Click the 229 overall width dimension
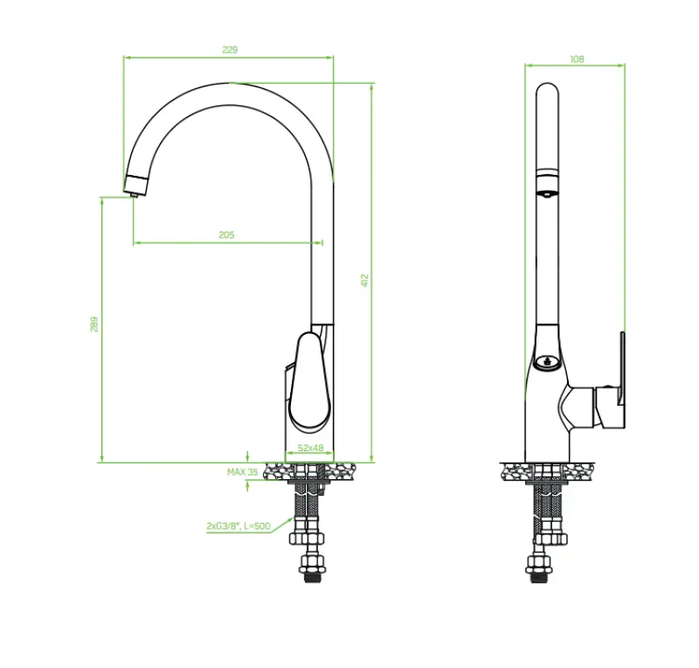pos(230,50)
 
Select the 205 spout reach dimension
pos(226,235)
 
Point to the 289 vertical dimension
pos(94,324)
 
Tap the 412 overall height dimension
pos(365,280)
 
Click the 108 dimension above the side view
pos(577,59)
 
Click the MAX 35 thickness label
pos(242,472)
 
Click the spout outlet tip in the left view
pos(134,186)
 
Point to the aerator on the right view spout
pos(546,186)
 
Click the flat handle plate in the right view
pos(622,380)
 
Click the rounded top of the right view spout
pos(547,90)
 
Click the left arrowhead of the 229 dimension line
pos(126,58)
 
